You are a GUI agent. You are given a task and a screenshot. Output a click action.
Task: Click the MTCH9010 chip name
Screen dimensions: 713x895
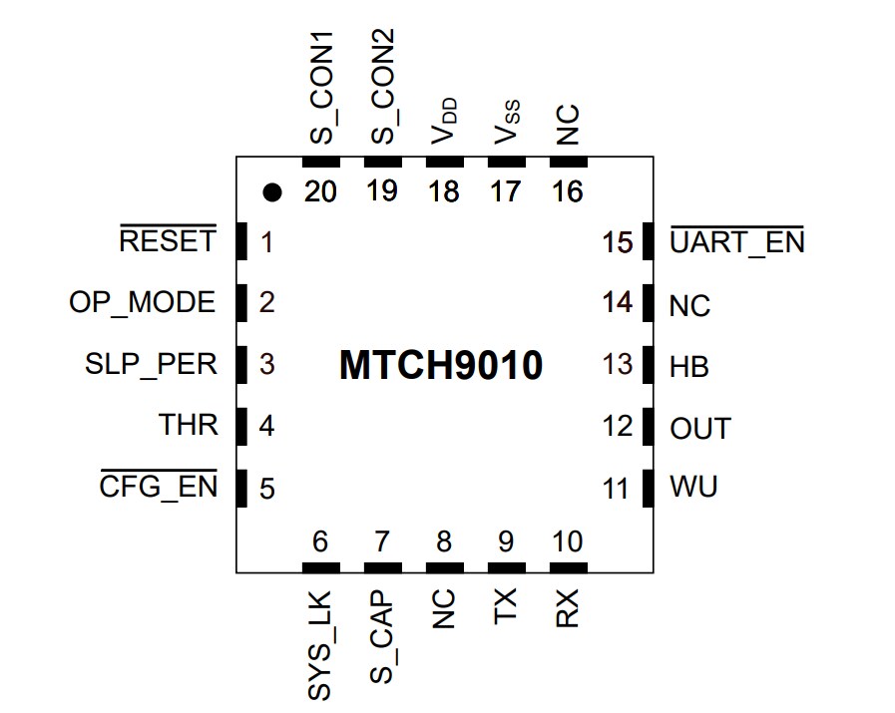pos(440,366)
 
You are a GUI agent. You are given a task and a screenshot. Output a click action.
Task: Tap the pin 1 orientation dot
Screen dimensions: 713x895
pos(270,192)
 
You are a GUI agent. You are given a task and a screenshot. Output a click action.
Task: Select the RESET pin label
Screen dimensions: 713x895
pos(167,241)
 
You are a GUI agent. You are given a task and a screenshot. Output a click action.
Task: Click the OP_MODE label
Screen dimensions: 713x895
pos(142,302)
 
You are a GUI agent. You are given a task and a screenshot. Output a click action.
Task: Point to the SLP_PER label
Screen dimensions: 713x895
pos(151,364)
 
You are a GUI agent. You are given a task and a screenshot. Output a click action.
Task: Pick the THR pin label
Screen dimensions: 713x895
pos(188,425)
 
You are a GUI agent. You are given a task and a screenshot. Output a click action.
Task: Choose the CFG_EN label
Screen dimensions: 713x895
pos(159,489)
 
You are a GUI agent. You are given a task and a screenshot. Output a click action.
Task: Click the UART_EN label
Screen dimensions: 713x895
pos(736,242)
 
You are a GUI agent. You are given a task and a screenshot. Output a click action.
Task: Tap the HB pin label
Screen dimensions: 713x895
pos(689,367)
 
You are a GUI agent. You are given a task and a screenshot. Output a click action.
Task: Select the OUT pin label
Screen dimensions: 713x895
pos(700,430)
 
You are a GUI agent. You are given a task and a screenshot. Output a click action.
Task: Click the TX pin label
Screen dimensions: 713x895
pos(506,606)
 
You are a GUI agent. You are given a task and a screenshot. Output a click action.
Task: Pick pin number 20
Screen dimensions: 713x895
pos(321,191)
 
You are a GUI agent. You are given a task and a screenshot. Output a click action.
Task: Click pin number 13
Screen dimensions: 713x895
pos(618,365)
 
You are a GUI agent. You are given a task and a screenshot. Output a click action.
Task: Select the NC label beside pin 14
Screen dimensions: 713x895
pos(689,305)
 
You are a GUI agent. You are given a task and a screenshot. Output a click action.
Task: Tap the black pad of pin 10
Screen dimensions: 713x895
pos(568,566)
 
